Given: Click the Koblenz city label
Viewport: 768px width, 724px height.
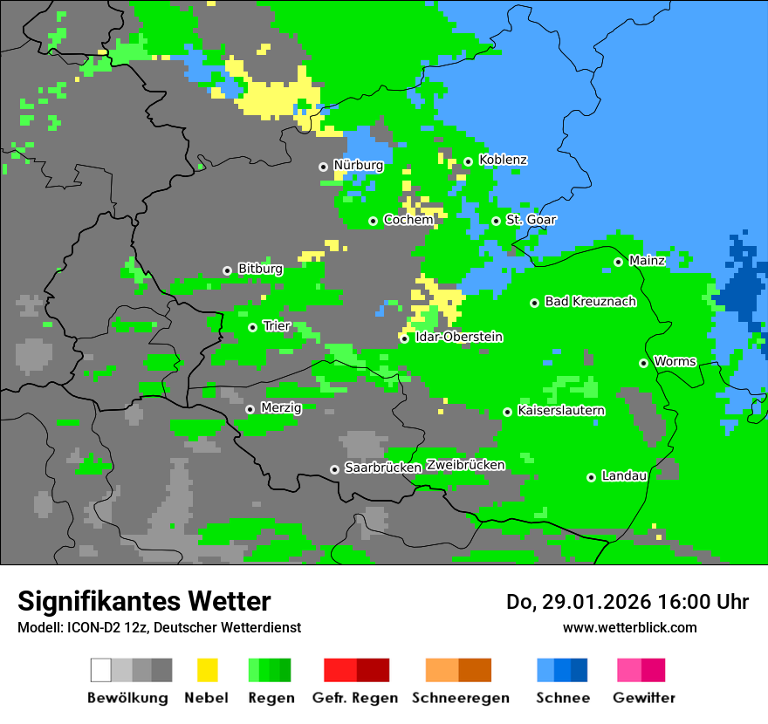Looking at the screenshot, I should tap(503, 161).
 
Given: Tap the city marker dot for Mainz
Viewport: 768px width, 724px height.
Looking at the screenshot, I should tap(618, 262).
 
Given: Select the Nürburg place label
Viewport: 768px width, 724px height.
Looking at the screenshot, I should tap(358, 166).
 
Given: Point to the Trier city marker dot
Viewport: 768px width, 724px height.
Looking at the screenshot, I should tap(252, 327).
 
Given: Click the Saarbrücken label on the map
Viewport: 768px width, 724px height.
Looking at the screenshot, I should tap(383, 468).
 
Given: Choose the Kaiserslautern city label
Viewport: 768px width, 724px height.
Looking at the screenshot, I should tap(561, 411).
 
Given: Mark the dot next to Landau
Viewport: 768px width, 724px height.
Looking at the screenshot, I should tap(591, 477).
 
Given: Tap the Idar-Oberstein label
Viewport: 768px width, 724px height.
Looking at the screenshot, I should tap(459, 338).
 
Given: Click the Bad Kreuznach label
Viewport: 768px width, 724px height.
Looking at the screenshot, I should tap(590, 302).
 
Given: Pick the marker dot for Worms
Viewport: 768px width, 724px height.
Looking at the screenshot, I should tap(643, 363).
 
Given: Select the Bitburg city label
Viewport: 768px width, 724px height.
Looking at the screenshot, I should tap(260, 270).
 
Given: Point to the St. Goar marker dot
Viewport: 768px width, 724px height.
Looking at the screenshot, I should tap(496, 221).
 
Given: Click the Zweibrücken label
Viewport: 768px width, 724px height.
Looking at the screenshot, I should tap(465, 466).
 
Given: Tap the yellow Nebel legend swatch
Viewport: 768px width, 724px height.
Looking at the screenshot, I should tap(207, 670).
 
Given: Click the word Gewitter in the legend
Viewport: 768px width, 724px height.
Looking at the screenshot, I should tap(644, 698).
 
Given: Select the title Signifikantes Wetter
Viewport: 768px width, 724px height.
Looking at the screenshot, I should tap(144, 602).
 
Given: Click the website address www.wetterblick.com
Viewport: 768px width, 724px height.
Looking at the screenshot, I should tap(629, 627).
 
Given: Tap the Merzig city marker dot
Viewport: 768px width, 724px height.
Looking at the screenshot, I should tap(250, 409).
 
